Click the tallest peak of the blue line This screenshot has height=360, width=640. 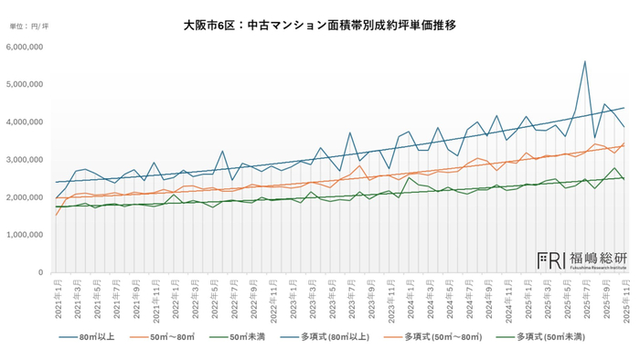coord(584,61)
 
